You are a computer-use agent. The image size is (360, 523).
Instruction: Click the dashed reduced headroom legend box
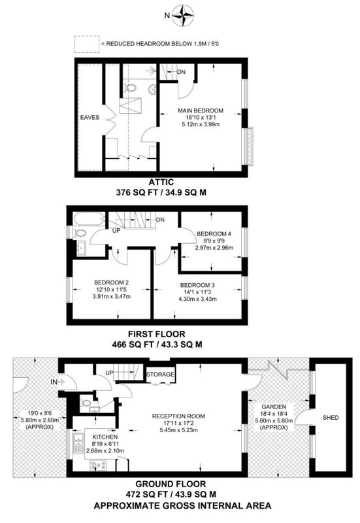tap(87, 44)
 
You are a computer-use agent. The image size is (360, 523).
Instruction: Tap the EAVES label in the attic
tap(90, 118)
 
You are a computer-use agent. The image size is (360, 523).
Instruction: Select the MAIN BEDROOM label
tap(201, 110)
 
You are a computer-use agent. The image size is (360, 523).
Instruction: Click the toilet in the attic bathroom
tap(130, 88)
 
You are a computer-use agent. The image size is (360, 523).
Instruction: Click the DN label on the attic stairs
tap(182, 72)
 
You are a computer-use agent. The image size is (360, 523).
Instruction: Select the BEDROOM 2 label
tap(111, 282)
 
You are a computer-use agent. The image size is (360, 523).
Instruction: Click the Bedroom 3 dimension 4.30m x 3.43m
tap(198, 299)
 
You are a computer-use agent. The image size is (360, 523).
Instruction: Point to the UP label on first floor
tap(116, 230)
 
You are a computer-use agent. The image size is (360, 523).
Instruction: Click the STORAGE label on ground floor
tap(160, 374)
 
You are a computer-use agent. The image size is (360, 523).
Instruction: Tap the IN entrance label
tap(54, 382)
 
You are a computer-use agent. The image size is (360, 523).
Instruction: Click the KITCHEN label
tap(105, 437)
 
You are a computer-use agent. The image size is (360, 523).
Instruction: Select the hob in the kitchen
tap(99, 464)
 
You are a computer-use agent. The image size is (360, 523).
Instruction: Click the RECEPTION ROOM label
tap(178, 416)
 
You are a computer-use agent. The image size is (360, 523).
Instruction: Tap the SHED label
tap(331, 417)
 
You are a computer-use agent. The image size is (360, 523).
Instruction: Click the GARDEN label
tap(274, 407)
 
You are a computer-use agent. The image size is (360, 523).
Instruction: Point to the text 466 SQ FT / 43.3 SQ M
tap(157, 345)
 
